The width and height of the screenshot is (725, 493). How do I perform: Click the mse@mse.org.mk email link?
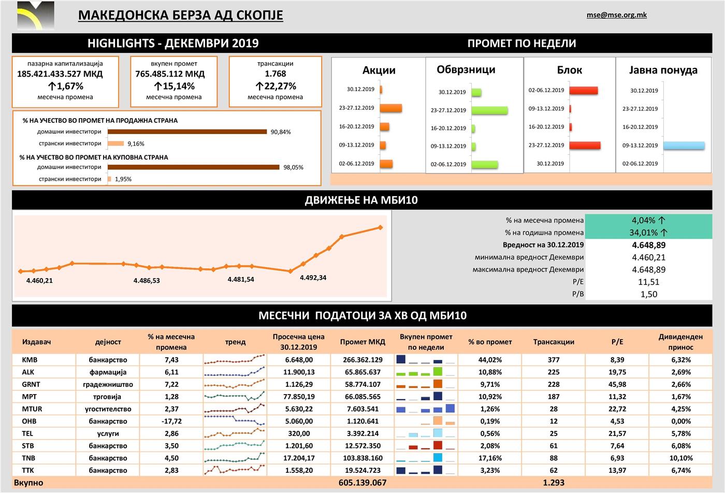point(616,15)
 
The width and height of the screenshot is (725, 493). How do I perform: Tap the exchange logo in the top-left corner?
point(35,15)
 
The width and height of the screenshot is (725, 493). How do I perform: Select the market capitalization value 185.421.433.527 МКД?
point(60,74)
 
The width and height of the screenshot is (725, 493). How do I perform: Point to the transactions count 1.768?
point(275,74)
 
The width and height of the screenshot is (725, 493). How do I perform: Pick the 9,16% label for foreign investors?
point(136,144)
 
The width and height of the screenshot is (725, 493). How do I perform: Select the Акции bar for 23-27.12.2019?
point(391,108)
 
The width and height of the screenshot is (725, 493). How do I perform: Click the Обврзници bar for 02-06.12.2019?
point(485,165)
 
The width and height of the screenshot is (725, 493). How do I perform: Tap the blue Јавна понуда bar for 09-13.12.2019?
point(684,146)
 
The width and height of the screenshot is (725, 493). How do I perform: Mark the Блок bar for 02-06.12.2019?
point(583,91)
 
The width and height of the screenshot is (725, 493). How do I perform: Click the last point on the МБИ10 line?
point(380,227)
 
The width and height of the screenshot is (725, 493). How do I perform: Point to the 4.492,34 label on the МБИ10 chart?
point(313,278)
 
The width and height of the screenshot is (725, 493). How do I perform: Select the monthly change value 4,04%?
point(648,220)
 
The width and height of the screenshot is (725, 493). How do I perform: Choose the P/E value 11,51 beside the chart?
point(648,282)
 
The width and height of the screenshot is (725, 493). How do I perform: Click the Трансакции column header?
point(553,342)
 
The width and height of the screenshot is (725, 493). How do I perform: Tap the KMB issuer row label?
point(30,360)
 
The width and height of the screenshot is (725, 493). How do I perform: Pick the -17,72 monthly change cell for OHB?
point(171,421)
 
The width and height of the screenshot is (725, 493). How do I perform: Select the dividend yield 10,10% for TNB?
point(680,458)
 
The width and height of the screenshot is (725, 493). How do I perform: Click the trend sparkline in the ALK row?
point(235,372)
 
